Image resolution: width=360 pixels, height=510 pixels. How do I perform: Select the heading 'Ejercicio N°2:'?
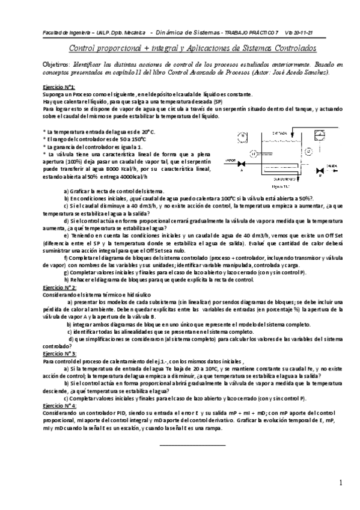point(59,287)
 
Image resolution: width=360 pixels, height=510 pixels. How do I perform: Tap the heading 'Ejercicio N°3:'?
point(59,354)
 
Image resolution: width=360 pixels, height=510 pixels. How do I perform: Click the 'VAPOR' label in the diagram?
point(230,161)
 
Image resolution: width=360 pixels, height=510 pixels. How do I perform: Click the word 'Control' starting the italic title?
point(81,48)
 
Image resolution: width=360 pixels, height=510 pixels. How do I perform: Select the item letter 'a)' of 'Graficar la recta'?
point(66,191)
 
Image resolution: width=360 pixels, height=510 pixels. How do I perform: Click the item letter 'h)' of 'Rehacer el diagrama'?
point(66,280)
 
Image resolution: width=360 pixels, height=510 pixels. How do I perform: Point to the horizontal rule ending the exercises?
point(192,445)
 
